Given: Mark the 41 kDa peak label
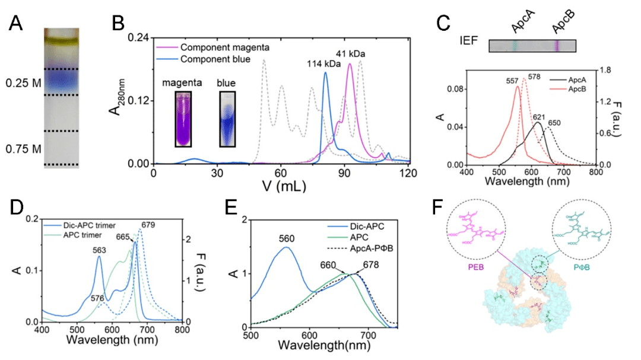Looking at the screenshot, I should tap(351, 54).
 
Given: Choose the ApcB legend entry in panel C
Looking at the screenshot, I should tap(569, 88).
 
